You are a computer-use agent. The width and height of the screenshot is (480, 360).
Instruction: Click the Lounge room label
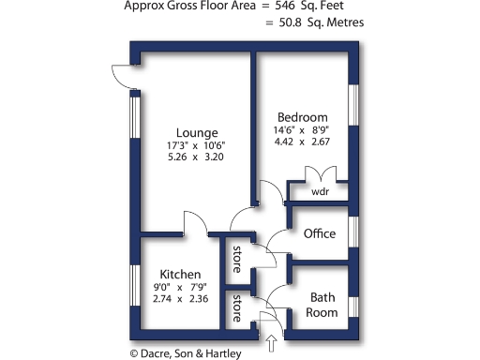pos(197,132)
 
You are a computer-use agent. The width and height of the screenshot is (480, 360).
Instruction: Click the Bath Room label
pos(322,305)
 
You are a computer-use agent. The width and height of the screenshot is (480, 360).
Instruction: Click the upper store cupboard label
pos(238,254)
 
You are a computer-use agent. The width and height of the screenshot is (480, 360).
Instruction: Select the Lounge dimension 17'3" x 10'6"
pos(197,145)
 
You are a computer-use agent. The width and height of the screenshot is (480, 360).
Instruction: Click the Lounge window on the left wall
pos(134,119)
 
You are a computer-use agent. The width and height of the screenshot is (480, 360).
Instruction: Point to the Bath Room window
pos(354,307)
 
